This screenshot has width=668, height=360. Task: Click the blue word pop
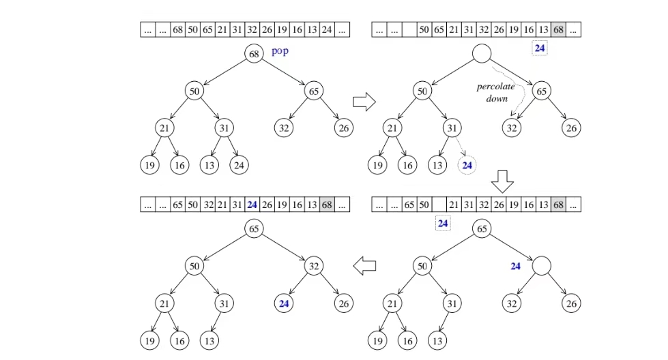pos(280,51)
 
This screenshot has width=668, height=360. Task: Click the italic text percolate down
pos(496,93)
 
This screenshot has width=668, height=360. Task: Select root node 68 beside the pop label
pos(255,53)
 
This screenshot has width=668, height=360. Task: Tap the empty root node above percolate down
pos(482,53)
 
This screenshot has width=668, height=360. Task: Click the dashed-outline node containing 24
pos(467,164)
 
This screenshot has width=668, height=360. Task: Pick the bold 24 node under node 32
pos(285,303)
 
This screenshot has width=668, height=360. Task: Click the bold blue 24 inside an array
pos(252,204)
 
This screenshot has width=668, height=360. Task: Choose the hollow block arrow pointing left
pos(364,265)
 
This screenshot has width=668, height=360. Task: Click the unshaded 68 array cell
pos(177,30)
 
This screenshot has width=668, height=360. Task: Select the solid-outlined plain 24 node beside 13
pos(239,164)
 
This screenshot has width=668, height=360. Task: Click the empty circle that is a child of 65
pos(542,267)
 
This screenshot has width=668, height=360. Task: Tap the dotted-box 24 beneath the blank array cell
pos(443,223)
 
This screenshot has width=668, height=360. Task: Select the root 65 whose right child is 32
pos(255,229)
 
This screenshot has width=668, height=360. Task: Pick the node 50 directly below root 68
pos(194,91)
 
